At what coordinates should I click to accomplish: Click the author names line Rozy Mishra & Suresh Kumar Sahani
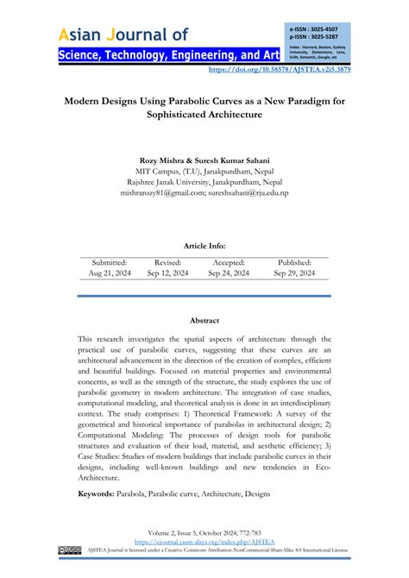[x=204, y=161]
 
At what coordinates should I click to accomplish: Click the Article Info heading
[x=204, y=245]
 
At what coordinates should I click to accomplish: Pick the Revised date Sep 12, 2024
[x=167, y=273]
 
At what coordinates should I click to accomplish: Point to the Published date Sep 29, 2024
[x=294, y=273]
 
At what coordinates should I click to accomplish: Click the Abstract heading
[x=204, y=320]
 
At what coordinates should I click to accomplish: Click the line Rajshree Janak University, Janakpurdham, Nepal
[x=204, y=184]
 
